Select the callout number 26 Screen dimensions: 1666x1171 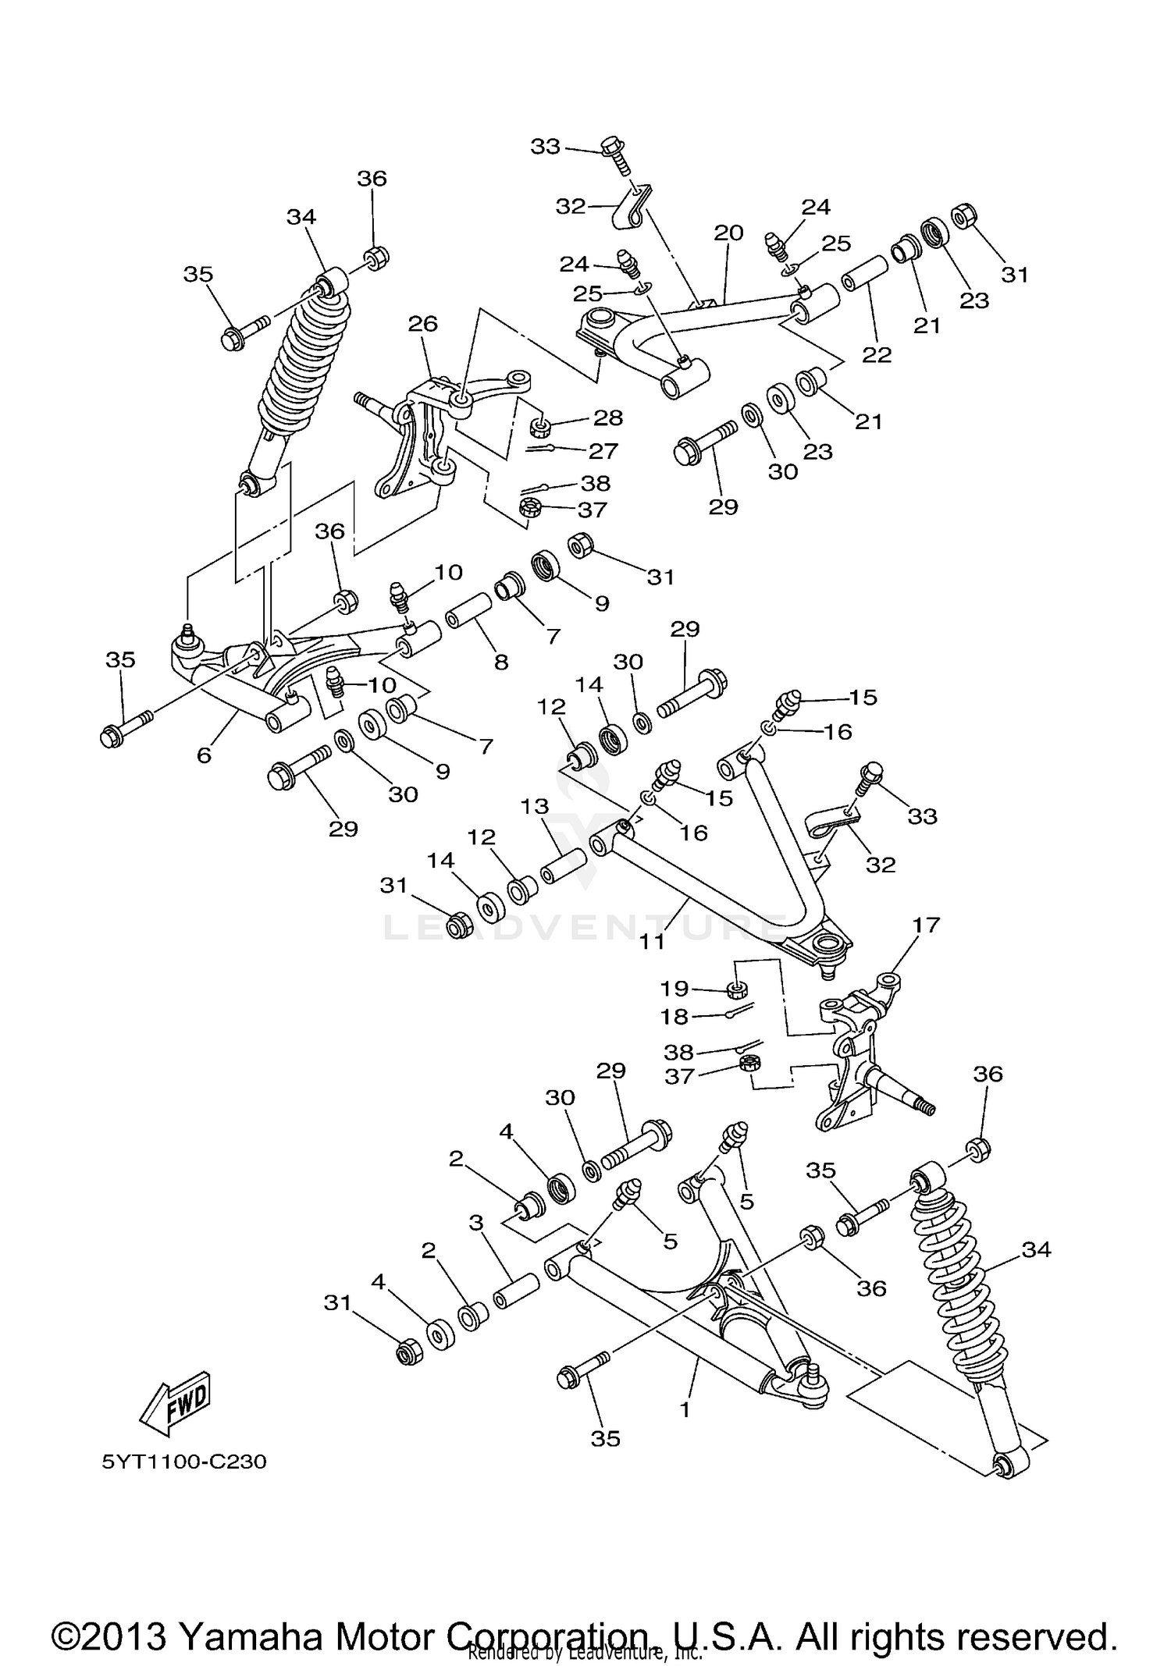423,323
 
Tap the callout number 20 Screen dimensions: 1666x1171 728,233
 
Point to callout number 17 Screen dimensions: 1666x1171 926,925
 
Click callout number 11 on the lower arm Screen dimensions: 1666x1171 652,941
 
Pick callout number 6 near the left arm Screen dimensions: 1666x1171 204,755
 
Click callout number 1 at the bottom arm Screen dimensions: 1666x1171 685,1410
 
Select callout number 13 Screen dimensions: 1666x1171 536,806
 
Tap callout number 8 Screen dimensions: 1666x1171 501,662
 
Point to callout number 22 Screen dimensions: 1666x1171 877,354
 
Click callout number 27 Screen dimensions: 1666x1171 603,450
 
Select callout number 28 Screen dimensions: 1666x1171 608,417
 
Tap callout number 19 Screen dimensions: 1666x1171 674,989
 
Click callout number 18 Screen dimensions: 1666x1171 674,1017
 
